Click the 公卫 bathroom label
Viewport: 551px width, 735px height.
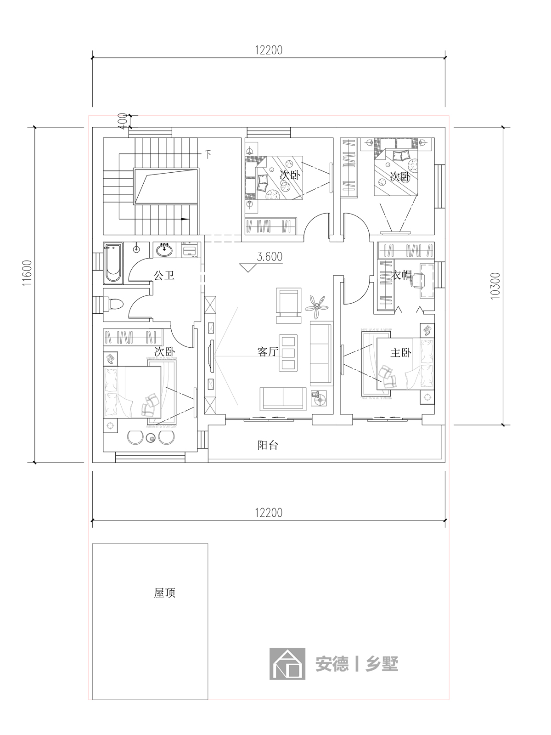click(164, 276)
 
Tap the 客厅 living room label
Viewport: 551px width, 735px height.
click(268, 352)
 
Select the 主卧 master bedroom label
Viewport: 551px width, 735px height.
click(401, 353)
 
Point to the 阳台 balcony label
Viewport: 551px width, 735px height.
click(268, 445)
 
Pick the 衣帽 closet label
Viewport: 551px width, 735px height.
click(401, 275)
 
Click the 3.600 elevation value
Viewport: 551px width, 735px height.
click(270, 257)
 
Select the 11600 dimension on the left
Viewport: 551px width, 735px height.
click(27, 272)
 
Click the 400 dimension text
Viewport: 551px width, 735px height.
click(122, 121)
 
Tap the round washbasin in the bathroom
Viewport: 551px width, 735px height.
click(164, 250)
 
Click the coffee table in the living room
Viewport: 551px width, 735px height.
click(289, 353)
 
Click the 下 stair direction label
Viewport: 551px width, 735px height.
click(208, 155)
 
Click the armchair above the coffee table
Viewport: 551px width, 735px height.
click(287, 306)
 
